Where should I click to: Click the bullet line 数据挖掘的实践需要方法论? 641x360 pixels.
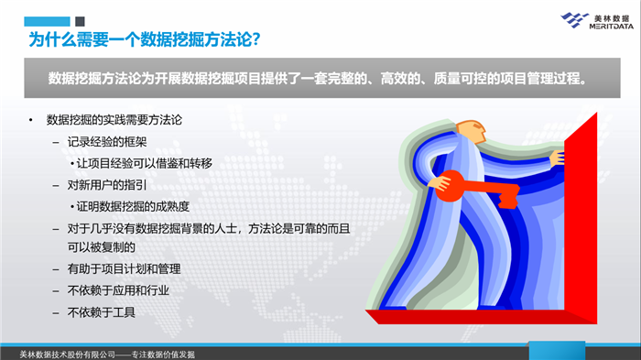118,121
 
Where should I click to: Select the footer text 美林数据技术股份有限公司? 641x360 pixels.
68,354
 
